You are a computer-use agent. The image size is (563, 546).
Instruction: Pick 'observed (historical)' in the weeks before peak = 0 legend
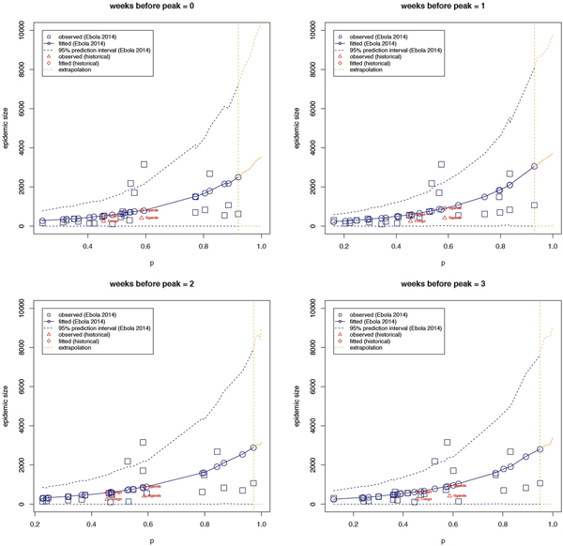[87, 54]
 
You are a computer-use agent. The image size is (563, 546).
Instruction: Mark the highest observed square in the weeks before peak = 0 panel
[145, 164]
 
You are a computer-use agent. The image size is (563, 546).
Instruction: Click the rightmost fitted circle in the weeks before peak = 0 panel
[238, 177]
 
